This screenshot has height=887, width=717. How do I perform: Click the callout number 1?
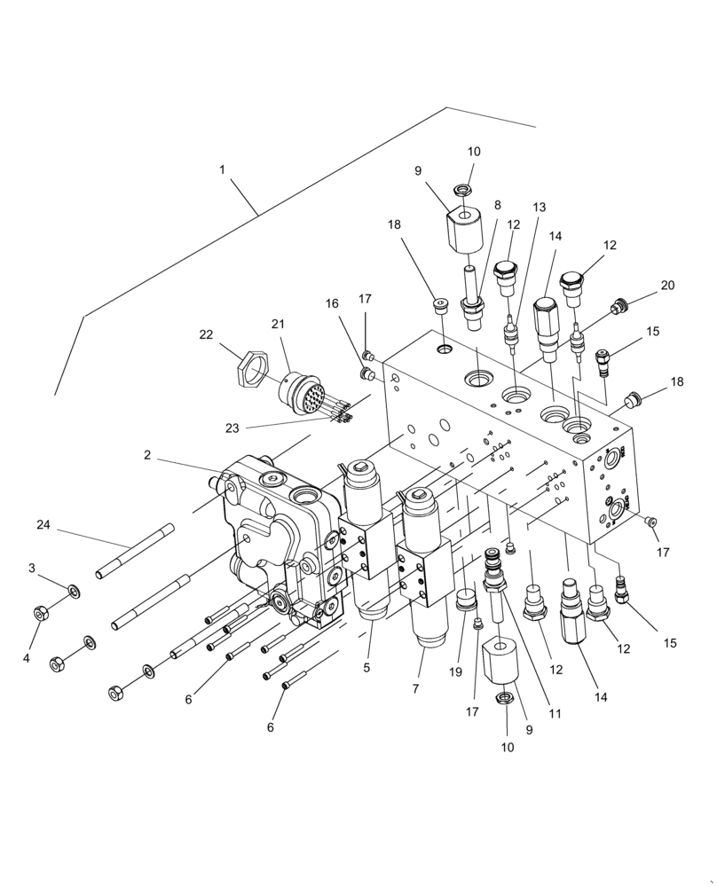(221, 169)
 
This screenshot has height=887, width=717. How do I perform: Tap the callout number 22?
(206, 334)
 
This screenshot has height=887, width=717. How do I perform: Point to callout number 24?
(43, 525)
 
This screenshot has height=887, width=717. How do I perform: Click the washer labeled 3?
(75, 590)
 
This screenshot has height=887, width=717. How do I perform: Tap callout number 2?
(147, 454)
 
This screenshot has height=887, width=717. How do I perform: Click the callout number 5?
(366, 668)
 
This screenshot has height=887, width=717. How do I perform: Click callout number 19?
(455, 672)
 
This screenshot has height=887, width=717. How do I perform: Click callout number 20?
(667, 286)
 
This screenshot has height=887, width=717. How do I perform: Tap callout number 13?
(540, 207)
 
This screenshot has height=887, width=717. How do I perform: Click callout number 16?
(333, 303)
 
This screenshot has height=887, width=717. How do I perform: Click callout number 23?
(232, 428)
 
